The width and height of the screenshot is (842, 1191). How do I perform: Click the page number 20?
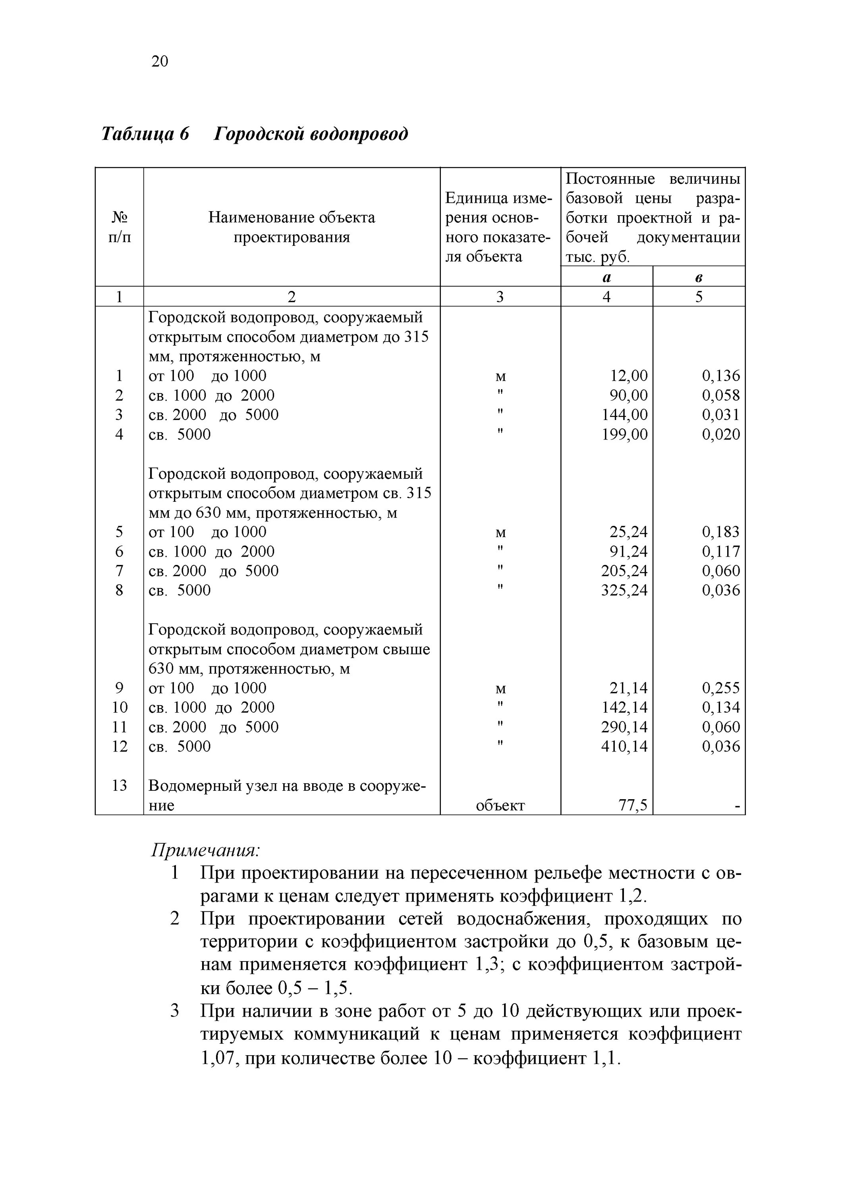pos(160,62)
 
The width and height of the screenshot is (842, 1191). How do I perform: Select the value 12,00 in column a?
pos(629,376)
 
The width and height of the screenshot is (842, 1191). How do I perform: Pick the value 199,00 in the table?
pos(625,434)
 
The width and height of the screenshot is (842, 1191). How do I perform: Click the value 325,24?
pos(625,590)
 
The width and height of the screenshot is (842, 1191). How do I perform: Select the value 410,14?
pos(625,746)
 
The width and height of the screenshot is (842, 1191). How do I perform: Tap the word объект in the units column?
pos(500,806)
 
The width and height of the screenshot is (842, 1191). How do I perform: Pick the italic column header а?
pos(606,278)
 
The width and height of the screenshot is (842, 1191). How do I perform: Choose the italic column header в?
pos(699,278)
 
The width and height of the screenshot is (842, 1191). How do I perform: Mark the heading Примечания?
pos(205,851)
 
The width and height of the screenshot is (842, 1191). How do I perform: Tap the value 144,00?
pos(625,414)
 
